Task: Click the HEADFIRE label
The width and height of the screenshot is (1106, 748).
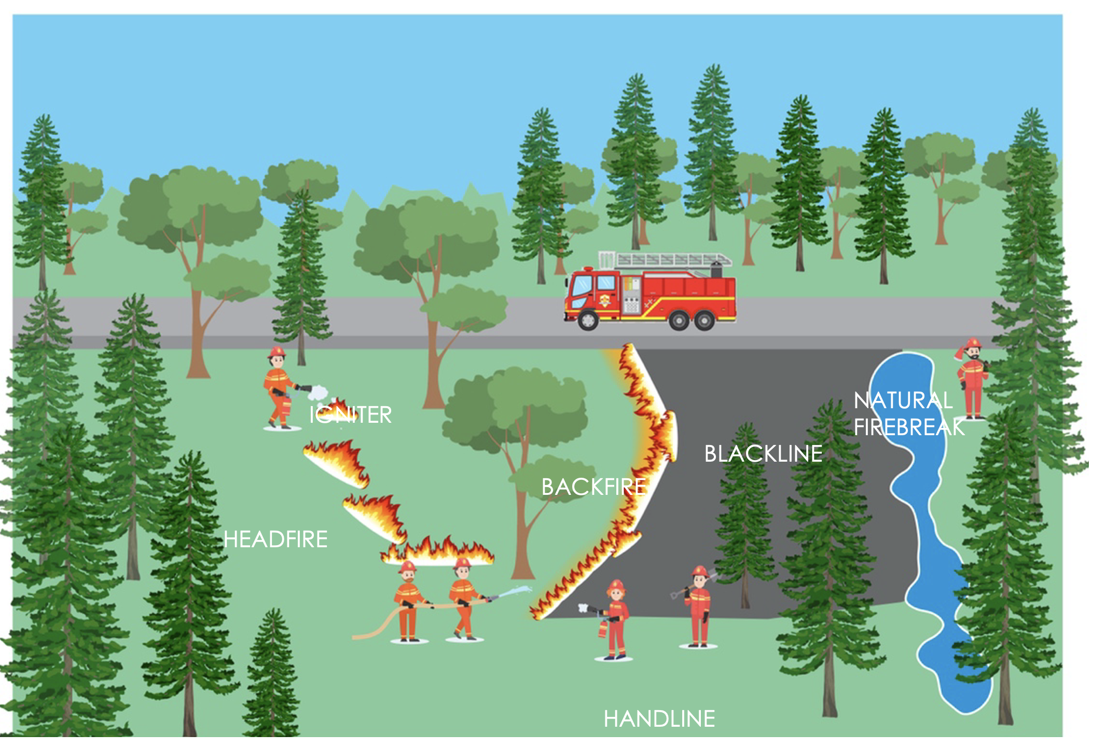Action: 275,539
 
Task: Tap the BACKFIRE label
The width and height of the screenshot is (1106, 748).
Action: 593,487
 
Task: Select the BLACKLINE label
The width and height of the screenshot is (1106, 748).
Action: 763,454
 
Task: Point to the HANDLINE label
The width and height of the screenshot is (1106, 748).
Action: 659,719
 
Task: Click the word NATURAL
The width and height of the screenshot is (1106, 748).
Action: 903,400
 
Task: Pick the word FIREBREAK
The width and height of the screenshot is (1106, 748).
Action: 909,427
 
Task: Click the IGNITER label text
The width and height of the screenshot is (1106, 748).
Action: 351,415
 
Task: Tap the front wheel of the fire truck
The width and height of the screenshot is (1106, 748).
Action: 588,320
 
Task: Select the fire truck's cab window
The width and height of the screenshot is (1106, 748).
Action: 582,285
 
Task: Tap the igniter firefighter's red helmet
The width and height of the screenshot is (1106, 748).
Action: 277,352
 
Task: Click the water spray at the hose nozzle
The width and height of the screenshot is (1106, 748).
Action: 519,591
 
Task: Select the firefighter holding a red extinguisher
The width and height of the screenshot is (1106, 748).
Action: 616,620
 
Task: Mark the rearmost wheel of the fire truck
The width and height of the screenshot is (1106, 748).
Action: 704,321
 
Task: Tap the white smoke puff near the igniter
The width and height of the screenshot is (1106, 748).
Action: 317,393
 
